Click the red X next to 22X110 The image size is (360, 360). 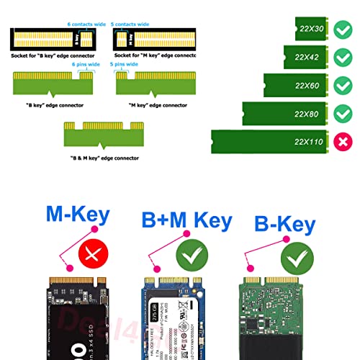[x=342, y=141]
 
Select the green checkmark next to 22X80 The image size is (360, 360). [x=342, y=113]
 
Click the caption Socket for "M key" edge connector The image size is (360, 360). [x=154, y=55]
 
